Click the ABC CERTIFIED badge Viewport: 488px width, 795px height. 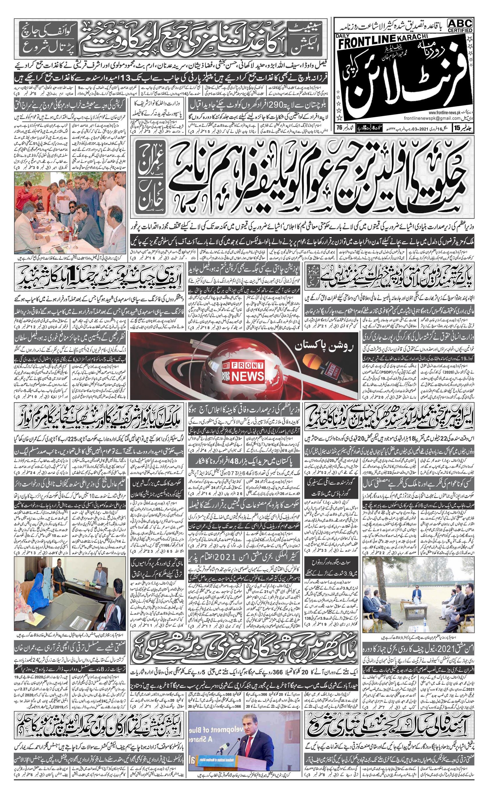tap(460, 25)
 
